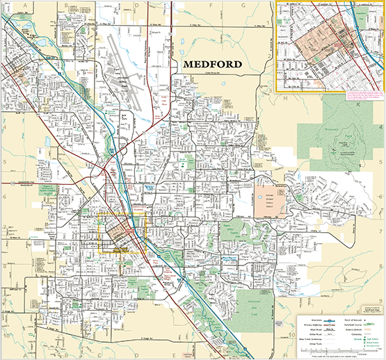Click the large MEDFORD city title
tap(212, 65)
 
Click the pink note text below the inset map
tap(362, 90)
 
